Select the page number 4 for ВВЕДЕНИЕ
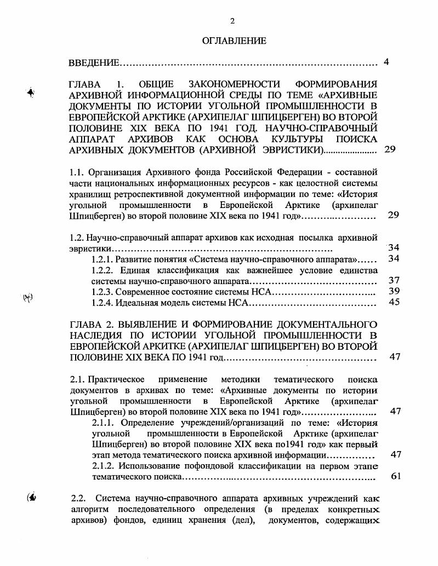coord(386,62)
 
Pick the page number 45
coord(394,302)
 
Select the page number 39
coord(394,291)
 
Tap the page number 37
coord(394,280)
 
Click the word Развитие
coord(134,259)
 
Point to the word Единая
coord(130,270)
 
